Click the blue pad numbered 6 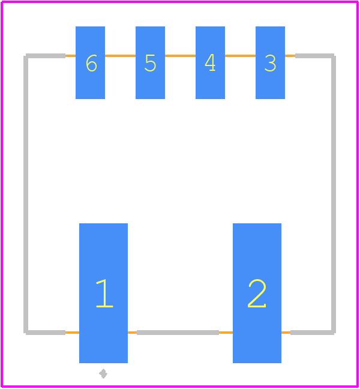tap(90, 62)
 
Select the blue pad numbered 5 tap(150, 62)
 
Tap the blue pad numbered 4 tap(210, 62)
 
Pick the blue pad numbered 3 tap(270, 62)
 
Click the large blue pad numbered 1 tap(103, 293)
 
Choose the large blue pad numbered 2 tap(257, 293)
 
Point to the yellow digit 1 tap(104, 293)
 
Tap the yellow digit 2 tap(257, 293)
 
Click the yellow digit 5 tap(150, 63)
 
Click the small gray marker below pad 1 tap(103, 373)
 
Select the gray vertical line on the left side tap(26, 194)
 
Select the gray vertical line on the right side tap(334, 194)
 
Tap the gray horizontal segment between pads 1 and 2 tap(178, 333)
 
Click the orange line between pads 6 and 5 tap(120, 56)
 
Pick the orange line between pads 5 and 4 tap(180, 56)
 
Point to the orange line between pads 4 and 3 tap(240, 56)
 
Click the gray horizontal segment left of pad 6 tap(46, 56)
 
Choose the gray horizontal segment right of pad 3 tap(314, 56)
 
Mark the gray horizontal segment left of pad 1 tap(46, 333)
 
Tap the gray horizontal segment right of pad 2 tap(312, 333)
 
